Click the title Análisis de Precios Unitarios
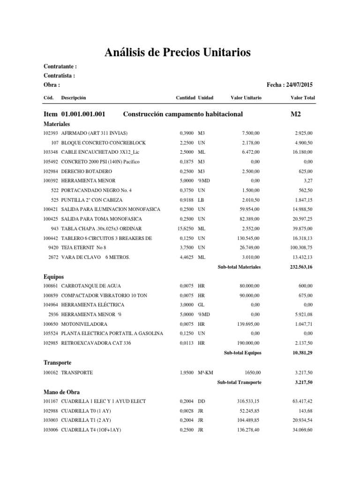tap(177, 52)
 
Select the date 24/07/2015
tap(298, 85)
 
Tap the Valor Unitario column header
tap(246, 98)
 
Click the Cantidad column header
tap(185, 98)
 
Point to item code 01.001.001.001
tap(83, 114)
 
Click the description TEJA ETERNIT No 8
tap(84, 247)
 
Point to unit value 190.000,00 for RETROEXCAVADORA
tap(247, 343)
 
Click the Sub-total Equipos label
tap(242, 352)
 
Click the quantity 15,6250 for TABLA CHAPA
tap(187, 229)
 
